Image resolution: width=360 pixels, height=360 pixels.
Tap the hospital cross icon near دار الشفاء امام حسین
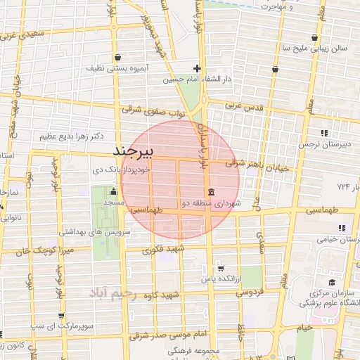tap(198, 69)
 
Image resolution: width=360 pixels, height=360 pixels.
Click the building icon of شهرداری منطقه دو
tap(211, 192)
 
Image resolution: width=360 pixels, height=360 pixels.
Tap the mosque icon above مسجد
tap(113, 191)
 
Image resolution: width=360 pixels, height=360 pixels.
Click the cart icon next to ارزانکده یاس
tap(220, 268)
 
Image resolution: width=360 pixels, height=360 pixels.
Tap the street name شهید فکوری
tap(162, 249)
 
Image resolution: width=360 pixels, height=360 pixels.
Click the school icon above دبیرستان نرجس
tap(324, 132)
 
